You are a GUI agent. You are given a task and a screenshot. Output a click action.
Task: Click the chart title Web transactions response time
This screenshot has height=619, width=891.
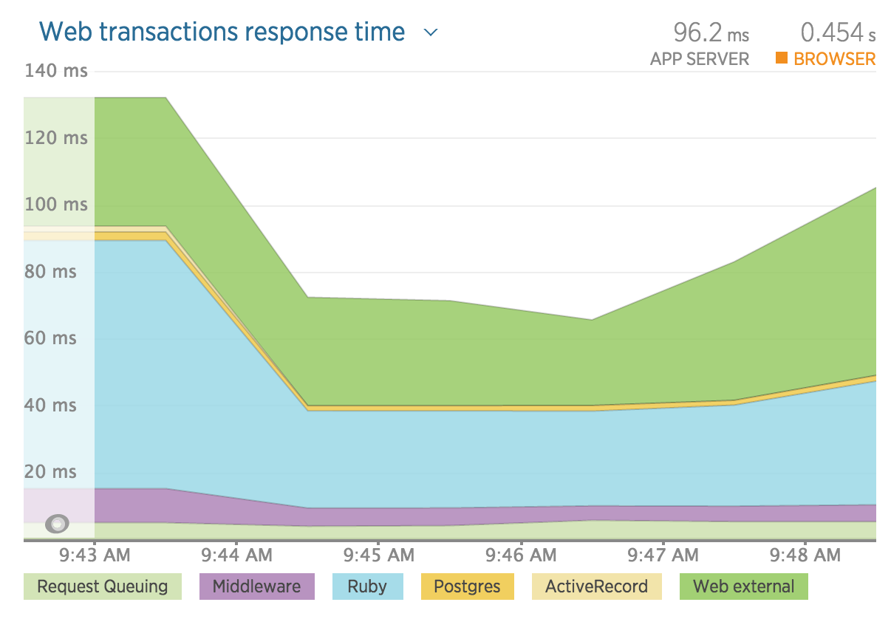(222, 32)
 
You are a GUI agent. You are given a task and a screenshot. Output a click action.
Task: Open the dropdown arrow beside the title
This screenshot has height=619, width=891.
(431, 33)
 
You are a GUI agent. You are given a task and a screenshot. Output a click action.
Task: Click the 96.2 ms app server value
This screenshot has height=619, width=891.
(711, 33)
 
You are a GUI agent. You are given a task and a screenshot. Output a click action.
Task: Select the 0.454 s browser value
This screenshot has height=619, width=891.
(838, 33)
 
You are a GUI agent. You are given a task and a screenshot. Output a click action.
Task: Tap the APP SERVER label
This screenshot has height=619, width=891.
(699, 59)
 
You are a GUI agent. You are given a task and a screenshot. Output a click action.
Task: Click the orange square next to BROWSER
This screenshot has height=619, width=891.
(781, 58)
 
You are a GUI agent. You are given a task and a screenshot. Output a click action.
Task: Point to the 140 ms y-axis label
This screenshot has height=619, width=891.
(55, 71)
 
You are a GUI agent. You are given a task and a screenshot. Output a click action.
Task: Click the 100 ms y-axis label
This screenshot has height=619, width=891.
(55, 205)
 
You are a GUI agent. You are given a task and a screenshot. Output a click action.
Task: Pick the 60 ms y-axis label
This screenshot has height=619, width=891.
(50, 338)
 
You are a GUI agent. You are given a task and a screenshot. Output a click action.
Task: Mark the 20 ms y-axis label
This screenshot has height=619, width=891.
(50, 472)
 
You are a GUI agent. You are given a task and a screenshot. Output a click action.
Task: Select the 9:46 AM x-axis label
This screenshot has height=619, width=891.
(521, 555)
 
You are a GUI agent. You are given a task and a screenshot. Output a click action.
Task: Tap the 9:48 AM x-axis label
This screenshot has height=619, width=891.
(805, 555)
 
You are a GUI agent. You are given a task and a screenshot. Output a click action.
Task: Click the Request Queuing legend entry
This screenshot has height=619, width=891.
(102, 587)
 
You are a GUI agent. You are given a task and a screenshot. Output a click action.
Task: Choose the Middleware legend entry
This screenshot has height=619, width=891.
(256, 587)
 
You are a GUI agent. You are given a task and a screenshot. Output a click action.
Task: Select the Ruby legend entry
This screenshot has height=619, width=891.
(367, 587)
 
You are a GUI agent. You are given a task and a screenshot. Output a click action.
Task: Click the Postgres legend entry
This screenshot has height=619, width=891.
(467, 587)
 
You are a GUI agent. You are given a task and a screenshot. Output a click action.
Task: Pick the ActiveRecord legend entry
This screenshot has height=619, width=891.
(595, 587)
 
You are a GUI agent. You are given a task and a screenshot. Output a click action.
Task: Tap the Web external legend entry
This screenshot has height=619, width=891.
(743, 587)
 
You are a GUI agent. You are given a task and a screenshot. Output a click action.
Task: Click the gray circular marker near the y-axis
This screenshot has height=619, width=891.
(58, 524)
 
